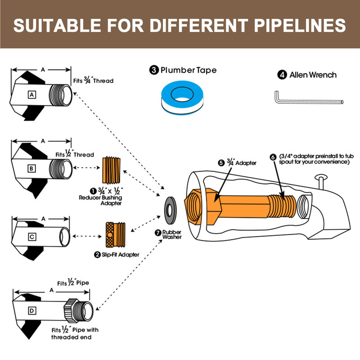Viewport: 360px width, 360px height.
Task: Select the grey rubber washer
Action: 170,210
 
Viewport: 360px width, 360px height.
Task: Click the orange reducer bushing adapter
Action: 111,171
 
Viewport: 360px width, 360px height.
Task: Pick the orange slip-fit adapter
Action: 116,234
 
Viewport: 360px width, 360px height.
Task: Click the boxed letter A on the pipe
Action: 32,94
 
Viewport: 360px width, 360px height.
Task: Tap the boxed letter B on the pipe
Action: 31,168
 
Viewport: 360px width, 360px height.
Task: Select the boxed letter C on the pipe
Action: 32,237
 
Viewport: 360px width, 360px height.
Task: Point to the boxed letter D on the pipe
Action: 31,311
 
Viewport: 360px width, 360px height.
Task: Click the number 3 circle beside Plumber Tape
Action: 154,70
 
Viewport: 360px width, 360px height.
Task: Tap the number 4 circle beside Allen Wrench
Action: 282,75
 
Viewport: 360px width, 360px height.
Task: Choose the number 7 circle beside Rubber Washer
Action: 158,233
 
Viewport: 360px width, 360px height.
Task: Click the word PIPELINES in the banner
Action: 300,25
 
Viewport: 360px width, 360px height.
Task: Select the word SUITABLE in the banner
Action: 57,25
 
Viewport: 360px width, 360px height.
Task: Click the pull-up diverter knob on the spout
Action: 321,181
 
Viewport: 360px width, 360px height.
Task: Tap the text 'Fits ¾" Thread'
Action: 93,81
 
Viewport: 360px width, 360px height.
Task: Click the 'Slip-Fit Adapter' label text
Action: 120,255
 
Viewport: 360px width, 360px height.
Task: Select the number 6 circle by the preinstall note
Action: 273,157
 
